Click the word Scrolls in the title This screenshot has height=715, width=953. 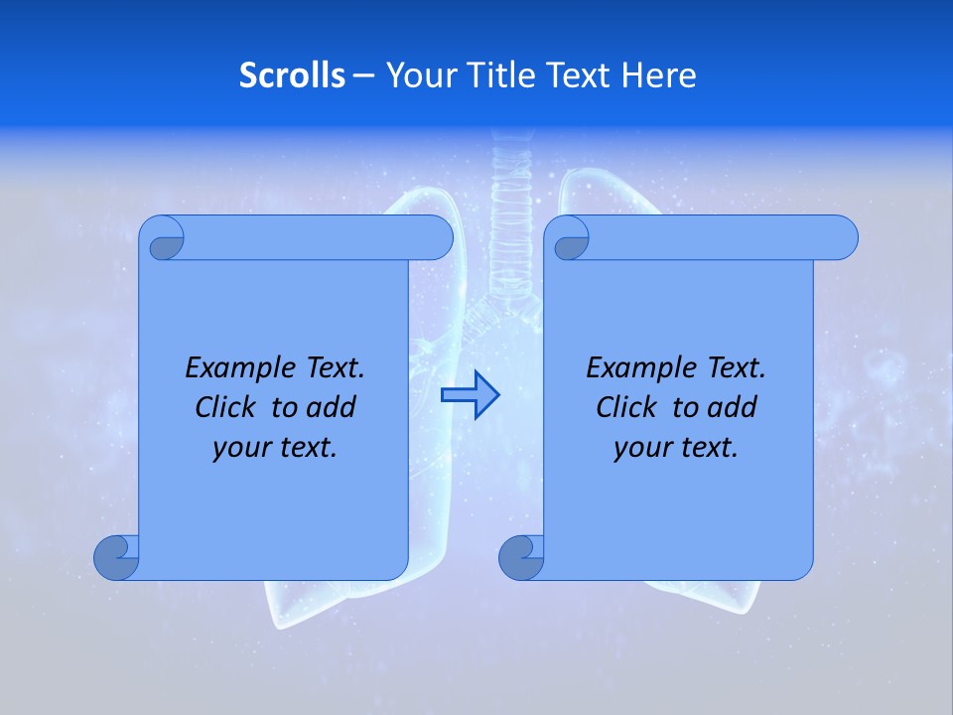293,75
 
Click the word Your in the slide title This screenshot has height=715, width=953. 420,75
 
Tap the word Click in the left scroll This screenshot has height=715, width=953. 227,407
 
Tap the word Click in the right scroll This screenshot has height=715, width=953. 627,407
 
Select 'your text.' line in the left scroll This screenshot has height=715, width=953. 274,447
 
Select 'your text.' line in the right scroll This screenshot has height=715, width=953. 675,447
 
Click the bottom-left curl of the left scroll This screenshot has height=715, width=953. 116,558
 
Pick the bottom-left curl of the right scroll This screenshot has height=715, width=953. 521,558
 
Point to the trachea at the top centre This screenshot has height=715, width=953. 512,189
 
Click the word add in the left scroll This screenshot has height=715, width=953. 331,407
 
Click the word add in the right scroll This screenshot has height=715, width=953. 732,407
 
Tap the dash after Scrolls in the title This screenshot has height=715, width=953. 364,75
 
